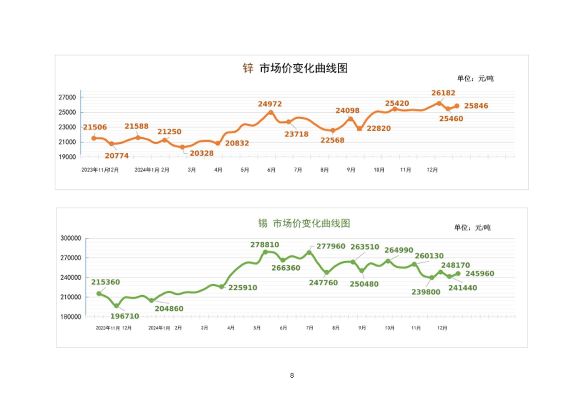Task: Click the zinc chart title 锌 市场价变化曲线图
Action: coord(295,68)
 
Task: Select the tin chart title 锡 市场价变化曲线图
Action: coord(304,223)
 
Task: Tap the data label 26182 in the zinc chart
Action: coord(443,93)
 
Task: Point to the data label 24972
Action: coord(270,104)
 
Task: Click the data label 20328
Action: coord(201,153)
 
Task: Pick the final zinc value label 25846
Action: coord(476,106)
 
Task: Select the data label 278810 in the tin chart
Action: coord(265,245)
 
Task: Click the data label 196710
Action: coord(124,316)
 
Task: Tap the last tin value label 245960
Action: coord(480,274)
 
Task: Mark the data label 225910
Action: coord(243,288)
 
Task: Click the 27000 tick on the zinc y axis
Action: coord(67,97)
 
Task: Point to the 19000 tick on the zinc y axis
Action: coord(67,157)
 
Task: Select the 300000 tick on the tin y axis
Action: coord(71,238)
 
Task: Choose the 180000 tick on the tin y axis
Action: coord(71,317)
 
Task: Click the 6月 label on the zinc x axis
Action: coord(271,170)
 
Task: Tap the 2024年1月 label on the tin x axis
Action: coord(159,328)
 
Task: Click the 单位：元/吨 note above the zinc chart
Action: coord(475,78)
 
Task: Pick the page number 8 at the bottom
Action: coord(292,375)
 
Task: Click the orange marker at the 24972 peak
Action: coord(271,112)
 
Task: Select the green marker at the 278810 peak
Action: coord(265,252)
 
